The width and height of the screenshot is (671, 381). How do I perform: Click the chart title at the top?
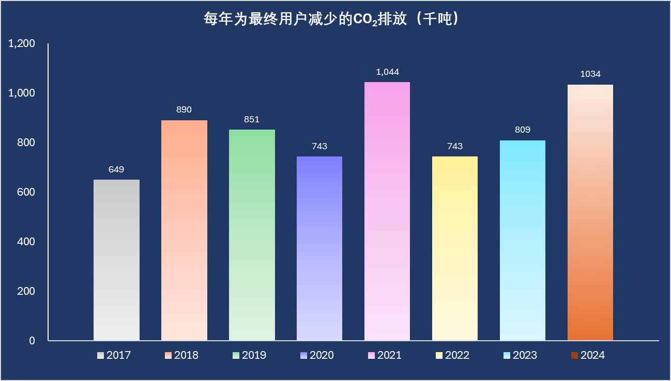[x=331, y=20]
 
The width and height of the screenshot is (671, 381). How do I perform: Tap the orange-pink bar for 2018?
[x=184, y=230]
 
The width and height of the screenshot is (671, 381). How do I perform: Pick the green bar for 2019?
[x=252, y=235]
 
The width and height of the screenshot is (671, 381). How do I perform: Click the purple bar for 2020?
[x=319, y=248]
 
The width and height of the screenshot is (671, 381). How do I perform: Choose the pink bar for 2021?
[x=387, y=211]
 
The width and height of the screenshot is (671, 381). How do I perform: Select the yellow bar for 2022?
[x=455, y=248]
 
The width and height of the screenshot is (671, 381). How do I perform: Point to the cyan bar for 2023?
[x=523, y=240]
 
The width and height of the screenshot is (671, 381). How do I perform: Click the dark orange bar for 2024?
[x=590, y=212]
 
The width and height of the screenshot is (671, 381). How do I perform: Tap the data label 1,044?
[x=387, y=72]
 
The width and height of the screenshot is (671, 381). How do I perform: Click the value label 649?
[x=116, y=170]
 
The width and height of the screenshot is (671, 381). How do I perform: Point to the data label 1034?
[x=590, y=74]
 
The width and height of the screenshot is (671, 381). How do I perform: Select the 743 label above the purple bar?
[x=319, y=147]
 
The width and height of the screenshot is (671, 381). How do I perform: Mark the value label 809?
[x=523, y=130]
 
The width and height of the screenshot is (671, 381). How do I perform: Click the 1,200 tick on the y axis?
[x=22, y=44]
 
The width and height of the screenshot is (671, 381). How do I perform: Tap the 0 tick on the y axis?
[x=32, y=341]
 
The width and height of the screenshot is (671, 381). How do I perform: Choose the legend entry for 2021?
[x=384, y=355]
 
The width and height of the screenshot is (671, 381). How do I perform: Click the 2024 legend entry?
[x=587, y=355]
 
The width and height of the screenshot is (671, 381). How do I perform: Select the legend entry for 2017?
[x=113, y=355]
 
